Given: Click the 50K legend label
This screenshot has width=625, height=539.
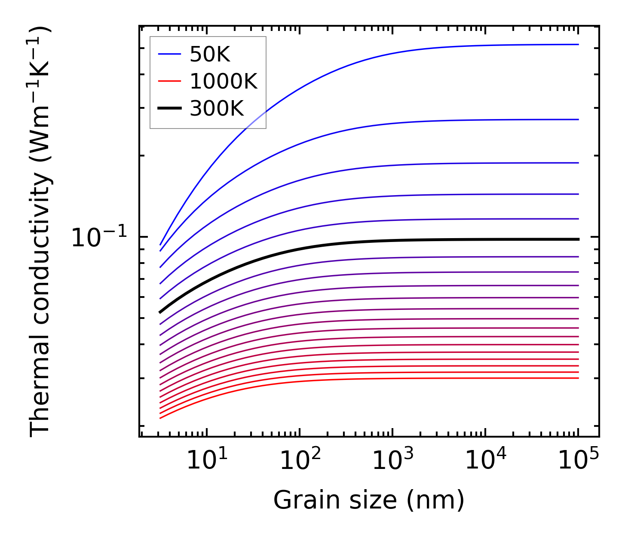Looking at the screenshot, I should pos(210,55).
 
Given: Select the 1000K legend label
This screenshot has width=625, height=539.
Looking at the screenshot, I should pos(224,82).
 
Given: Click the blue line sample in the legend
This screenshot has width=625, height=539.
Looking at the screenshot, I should pos(170,54).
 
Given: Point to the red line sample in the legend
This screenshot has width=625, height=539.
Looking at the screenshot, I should pos(170,81).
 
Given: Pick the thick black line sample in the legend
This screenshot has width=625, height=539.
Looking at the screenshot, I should pos(170,108).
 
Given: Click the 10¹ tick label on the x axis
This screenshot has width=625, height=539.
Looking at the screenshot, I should pos(207,460).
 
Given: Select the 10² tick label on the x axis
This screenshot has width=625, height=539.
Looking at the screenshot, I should pos(300,460).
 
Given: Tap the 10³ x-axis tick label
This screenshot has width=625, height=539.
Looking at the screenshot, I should pos(393,460).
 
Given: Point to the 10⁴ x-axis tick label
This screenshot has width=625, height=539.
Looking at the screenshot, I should pos(486,460).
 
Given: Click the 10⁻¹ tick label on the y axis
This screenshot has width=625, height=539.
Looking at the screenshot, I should pos(99,237).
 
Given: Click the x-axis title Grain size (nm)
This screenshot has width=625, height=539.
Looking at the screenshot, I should pos(369,500).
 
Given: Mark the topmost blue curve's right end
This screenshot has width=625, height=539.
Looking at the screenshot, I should pos(578,44).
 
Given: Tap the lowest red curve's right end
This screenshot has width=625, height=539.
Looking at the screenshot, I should pos(578,378).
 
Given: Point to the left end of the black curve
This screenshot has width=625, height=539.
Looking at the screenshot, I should pos(160,312).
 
